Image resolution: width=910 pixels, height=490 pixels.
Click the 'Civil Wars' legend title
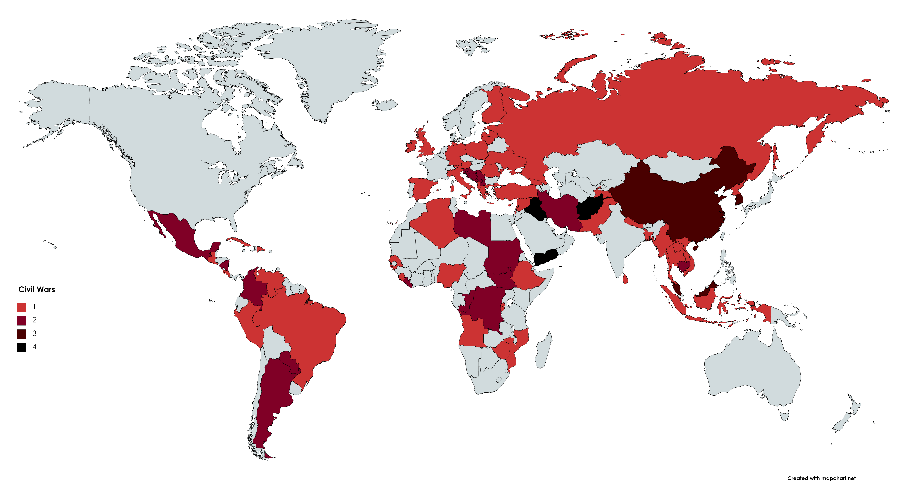point(37,289)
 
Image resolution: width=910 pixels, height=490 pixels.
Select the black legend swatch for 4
point(22,347)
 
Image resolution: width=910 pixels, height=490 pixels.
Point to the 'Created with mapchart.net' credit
point(821,478)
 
